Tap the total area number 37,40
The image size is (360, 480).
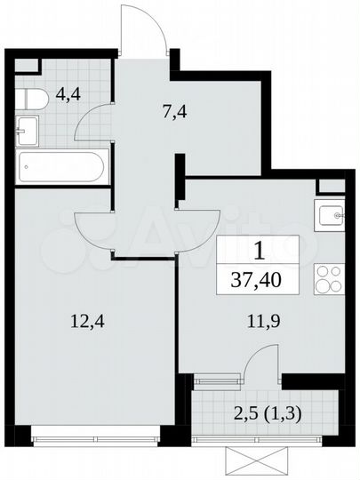pyautogui.click(x=269, y=279)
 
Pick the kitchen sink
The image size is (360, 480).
pyautogui.click(x=332, y=214)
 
